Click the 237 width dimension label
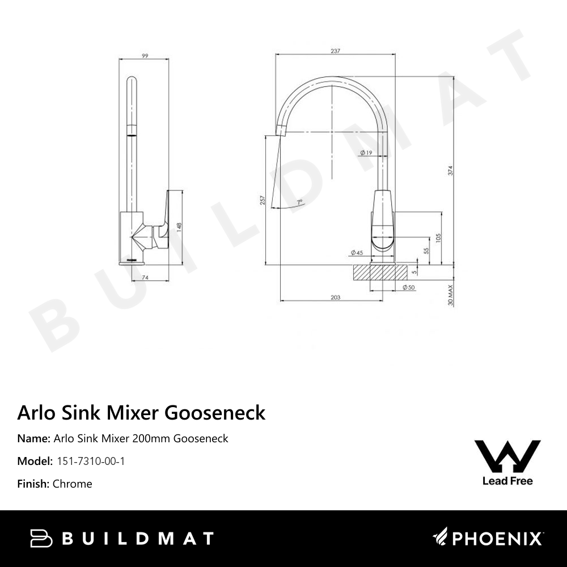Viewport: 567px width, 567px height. coord(335,51)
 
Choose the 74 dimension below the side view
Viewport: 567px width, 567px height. coord(145,277)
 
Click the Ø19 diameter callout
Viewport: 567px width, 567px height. coord(366,153)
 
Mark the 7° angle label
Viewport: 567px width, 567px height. coord(299,202)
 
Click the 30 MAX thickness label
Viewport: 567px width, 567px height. coord(451,295)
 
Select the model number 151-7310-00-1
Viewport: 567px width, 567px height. coord(91,461)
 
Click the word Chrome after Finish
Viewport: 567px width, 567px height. coord(72,484)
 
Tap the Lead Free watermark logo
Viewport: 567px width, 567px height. coord(507,463)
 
